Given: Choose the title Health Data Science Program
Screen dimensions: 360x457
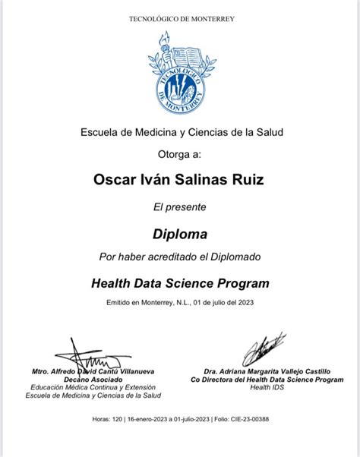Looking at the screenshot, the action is [180, 283].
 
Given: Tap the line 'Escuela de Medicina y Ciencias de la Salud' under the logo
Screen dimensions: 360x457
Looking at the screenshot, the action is [180, 132].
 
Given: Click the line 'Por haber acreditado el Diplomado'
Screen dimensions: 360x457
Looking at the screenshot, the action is [180, 257].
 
